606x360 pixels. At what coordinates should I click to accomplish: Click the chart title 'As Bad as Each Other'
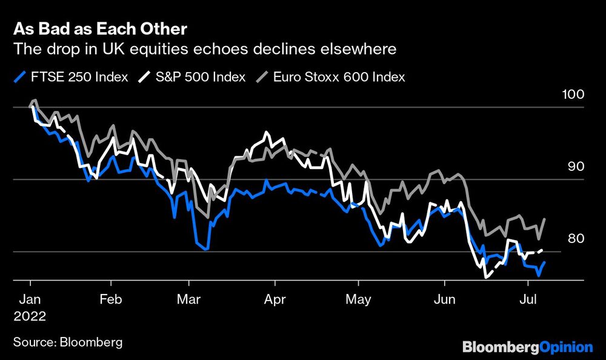pos(100,29)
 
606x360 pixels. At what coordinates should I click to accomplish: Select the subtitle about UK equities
pos(205,49)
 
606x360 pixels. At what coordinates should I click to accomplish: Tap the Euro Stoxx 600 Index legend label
pos(339,77)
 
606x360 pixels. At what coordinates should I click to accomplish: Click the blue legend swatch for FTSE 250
pos(20,77)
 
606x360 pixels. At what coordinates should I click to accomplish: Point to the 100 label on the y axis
pos(573,95)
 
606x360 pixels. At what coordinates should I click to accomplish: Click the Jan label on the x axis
pos(30,299)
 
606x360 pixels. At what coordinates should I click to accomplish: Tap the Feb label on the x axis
pos(110,299)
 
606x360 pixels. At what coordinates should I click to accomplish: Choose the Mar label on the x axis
pos(189,299)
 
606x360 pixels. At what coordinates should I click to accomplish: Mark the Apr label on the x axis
pos(275,299)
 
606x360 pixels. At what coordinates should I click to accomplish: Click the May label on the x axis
pos(358,299)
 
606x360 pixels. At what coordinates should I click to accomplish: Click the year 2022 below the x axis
pos(30,316)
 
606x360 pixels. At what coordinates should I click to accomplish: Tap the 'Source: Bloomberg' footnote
pos(67,342)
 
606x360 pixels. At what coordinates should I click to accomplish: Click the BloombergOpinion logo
pos(527,347)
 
